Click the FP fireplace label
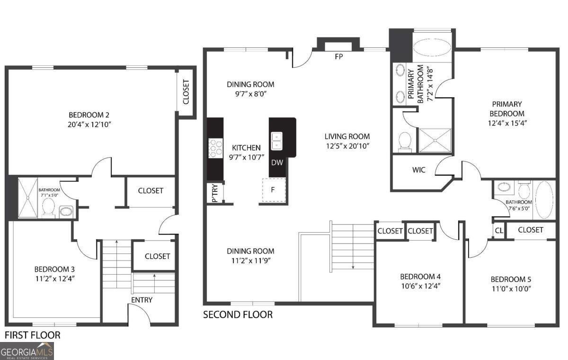[x=338, y=56]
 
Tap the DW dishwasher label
[x=277, y=162]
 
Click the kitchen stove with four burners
[x=216, y=147]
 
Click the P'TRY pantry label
[x=214, y=194]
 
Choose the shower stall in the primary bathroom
[x=435, y=141]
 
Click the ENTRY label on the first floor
[x=142, y=300]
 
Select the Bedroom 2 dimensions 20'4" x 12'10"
[x=89, y=125]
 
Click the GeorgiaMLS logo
[x=27, y=351]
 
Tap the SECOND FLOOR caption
[x=238, y=315]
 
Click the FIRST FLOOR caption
[x=33, y=335]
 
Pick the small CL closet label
[x=499, y=231]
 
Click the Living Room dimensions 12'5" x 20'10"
[x=347, y=146]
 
